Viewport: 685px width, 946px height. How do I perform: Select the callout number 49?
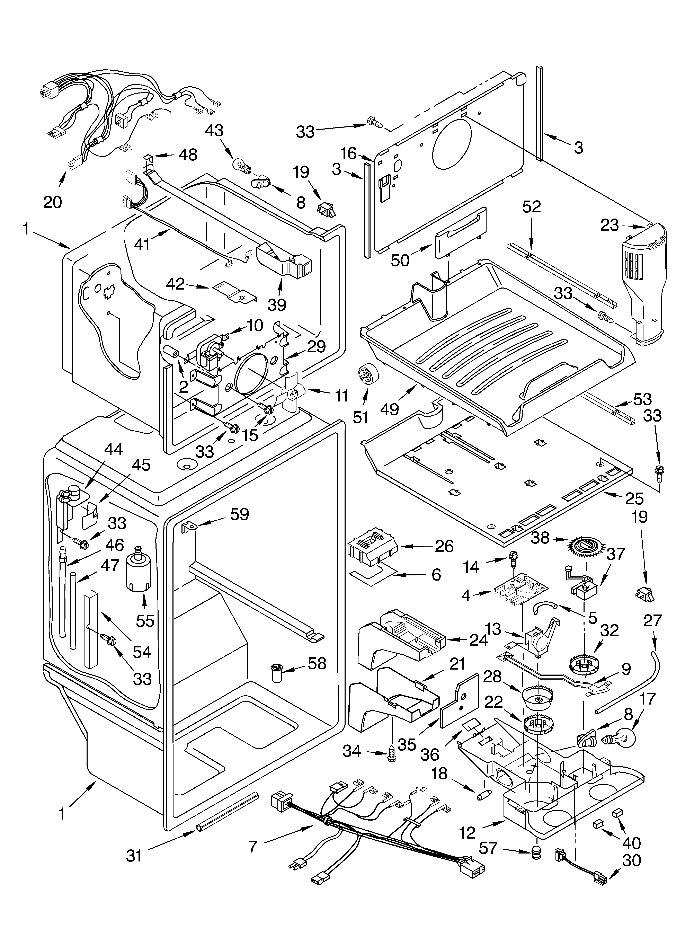point(390,409)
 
